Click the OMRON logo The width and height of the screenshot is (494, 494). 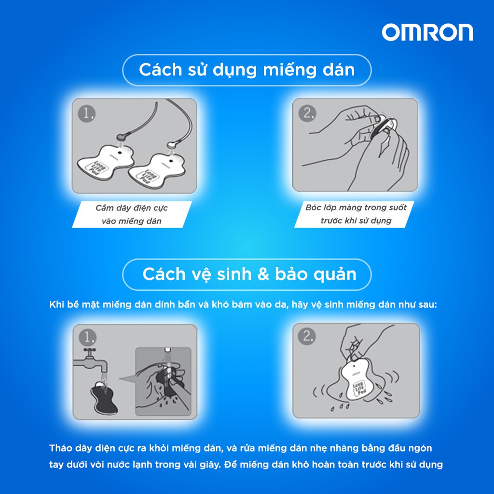point(427,32)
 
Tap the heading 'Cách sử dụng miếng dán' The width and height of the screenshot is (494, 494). point(247,69)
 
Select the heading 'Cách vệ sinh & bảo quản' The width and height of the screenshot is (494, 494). point(249,274)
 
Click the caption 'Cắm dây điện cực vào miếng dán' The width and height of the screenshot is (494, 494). point(132,214)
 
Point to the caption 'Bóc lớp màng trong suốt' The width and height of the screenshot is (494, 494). point(356,207)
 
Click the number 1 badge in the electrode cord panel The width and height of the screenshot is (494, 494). point(87,113)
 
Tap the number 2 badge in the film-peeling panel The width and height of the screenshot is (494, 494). point(307,113)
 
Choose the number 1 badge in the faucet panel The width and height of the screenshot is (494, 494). point(87,338)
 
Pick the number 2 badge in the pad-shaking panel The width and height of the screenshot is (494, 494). point(307,336)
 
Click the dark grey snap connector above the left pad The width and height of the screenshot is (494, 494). point(122,137)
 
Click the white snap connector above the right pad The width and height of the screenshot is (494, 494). point(172,145)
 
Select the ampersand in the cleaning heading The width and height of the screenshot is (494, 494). point(263,274)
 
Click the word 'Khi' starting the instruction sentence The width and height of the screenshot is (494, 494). point(56,305)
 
